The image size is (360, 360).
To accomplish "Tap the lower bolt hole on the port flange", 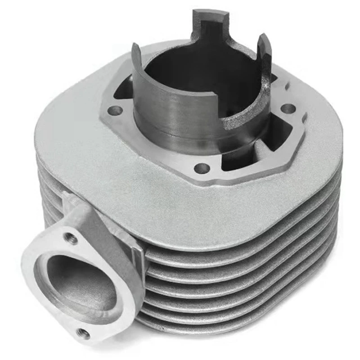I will pos(83,333).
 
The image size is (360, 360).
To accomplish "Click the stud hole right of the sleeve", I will pos(288,108).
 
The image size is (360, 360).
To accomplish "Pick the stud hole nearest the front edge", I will pos(202,168).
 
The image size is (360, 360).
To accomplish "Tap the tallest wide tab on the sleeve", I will pos(210,22).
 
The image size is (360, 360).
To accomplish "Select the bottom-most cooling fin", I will pos(234,322).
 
